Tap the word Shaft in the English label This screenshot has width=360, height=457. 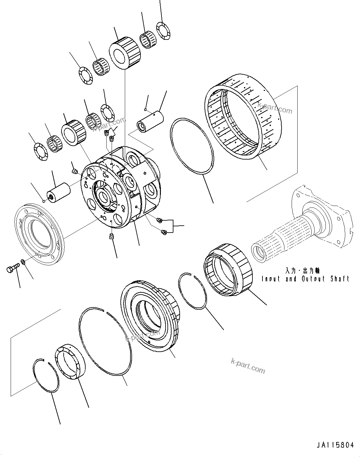[340, 279]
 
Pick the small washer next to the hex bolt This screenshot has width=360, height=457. [23, 261]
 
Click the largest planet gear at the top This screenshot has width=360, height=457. [124, 52]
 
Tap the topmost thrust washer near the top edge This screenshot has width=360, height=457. [163, 31]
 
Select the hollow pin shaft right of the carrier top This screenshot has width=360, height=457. [150, 121]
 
